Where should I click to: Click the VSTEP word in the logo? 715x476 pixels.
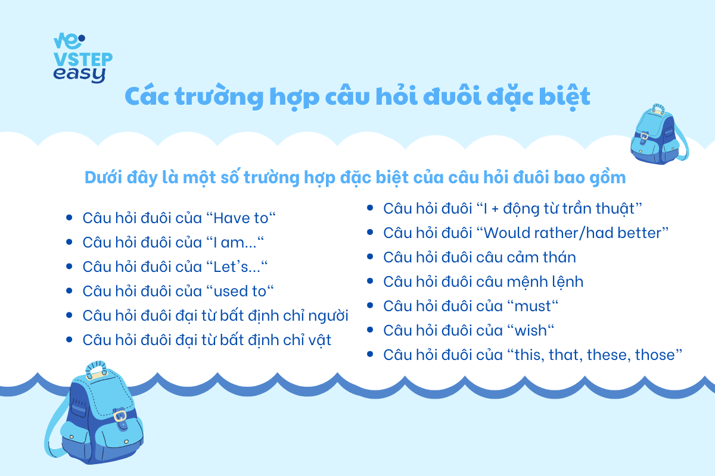(83, 59)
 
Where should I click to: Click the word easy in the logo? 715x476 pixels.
(79, 74)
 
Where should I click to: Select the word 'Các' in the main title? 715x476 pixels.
(147, 96)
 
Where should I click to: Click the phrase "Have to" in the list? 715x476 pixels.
(241, 218)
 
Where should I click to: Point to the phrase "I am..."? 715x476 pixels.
(235, 242)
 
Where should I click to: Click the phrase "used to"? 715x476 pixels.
(240, 291)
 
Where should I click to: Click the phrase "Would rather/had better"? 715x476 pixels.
(572, 233)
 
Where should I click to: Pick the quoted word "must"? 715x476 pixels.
(533, 306)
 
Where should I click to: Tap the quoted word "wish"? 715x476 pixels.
(530, 330)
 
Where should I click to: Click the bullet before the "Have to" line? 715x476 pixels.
(69, 218)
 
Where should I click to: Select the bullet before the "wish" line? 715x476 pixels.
(370, 330)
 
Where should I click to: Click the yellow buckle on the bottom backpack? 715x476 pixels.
(120, 415)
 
